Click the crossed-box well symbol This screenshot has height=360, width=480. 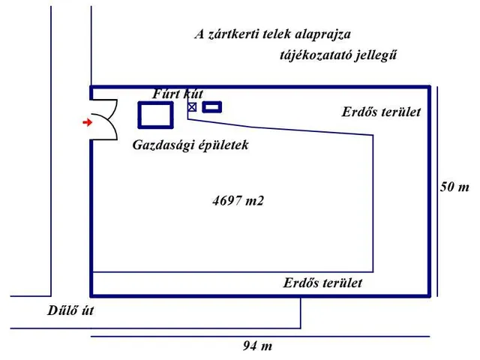192,108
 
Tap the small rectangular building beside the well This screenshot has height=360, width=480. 212,107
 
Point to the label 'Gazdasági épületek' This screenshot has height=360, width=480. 190,145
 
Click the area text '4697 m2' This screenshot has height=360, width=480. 239,200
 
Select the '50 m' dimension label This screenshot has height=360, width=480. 454,187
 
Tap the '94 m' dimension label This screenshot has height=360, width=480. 256,346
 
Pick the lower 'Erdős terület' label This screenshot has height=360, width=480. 322,283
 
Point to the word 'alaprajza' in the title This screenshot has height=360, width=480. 323,34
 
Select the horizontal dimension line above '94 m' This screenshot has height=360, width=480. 259,336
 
